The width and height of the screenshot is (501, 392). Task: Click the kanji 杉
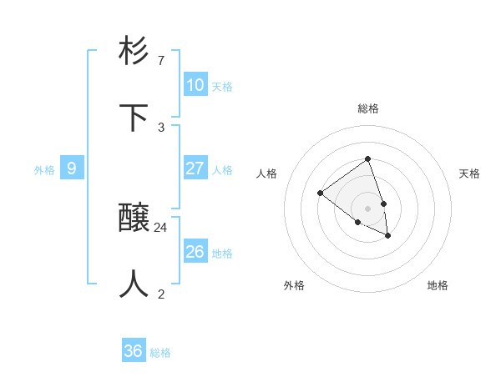pos(134,52)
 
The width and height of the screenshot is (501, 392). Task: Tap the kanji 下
pos(134,118)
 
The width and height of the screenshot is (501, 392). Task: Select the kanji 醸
pos(134,219)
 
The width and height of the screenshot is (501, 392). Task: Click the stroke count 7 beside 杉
pos(161,61)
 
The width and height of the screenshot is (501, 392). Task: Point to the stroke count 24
pos(161,227)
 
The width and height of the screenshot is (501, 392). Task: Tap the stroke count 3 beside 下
pos(161,127)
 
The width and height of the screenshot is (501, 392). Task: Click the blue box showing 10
pos(195,85)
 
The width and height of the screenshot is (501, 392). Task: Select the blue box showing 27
pos(195,168)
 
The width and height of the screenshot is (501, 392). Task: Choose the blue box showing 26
pos(195,252)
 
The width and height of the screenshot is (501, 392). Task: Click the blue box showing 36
pos(134,351)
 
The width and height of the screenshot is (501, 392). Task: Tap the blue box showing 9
pos(72,168)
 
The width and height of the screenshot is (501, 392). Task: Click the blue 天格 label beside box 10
pos(222,87)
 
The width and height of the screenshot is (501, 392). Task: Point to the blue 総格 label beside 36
pos(160,353)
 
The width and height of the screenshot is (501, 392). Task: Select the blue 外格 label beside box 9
pos(44,170)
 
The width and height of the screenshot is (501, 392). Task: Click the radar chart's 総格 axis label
pos(368,108)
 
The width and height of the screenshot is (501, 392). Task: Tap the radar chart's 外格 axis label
pos(294,285)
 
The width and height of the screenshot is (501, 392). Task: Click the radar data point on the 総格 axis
pos(367,158)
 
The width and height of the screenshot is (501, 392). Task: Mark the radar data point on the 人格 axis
pos(320,193)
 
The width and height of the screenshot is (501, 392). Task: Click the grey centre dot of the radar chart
pos(367,208)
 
